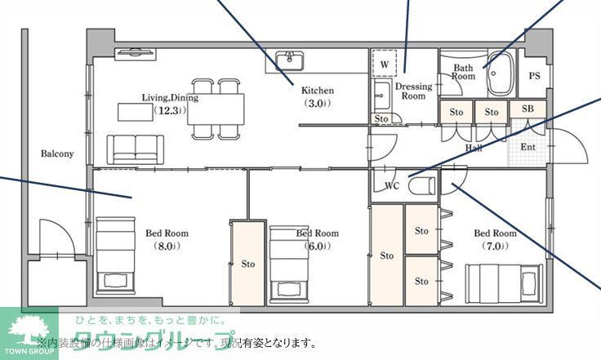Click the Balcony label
pos(57,153)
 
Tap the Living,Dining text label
pos(170,97)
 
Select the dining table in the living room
pos(216,107)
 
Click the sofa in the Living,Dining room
pos(136,148)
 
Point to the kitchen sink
pos(289,61)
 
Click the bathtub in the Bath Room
pos(499,74)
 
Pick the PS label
pos(534,76)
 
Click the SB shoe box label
pos(528,109)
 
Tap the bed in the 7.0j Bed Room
pos(504,282)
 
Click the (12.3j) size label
pos(169,110)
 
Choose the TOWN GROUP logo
pos(29,334)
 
